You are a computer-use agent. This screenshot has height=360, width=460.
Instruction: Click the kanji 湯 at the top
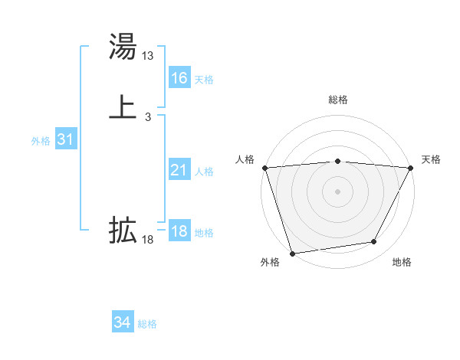click(x=123, y=47)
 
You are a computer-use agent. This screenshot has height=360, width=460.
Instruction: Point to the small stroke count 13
click(x=148, y=56)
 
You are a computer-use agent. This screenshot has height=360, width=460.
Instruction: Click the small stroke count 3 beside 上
click(x=147, y=116)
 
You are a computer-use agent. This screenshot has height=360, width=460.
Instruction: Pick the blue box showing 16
click(x=179, y=78)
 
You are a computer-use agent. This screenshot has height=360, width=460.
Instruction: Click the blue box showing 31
click(x=65, y=140)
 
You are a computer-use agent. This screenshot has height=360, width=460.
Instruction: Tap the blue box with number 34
click(x=123, y=323)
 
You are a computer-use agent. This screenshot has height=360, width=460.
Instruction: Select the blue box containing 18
click(x=179, y=232)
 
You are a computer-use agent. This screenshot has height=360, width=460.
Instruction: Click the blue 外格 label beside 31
click(x=41, y=141)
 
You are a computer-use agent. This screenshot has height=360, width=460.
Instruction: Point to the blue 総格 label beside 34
click(x=147, y=324)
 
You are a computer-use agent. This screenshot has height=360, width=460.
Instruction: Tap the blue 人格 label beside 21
click(x=205, y=172)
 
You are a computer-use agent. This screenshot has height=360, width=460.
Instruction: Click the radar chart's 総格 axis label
click(x=337, y=100)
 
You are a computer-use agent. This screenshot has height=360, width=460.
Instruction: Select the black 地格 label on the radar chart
click(x=402, y=263)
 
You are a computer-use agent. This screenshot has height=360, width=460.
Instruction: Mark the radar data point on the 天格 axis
click(x=411, y=168)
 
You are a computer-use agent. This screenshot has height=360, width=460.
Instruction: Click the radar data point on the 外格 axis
click(x=292, y=253)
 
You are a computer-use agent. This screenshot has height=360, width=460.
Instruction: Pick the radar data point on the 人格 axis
click(x=264, y=168)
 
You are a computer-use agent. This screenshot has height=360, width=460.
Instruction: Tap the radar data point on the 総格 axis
click(x=337, y=161)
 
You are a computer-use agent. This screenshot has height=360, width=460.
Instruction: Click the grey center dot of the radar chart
click(x=337, y=191)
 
